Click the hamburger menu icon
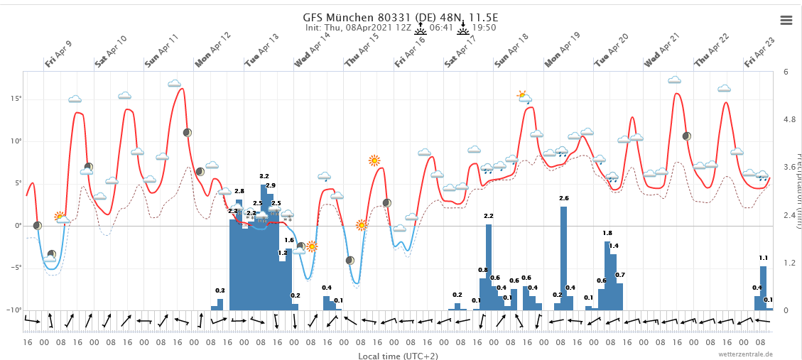click(786, 20)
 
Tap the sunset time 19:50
click(484, 28)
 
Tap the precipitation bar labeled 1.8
click(607, 276)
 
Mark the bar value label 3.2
click(264, 176)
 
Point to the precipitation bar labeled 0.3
click(220, 305)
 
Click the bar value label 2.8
click(239, 191)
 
